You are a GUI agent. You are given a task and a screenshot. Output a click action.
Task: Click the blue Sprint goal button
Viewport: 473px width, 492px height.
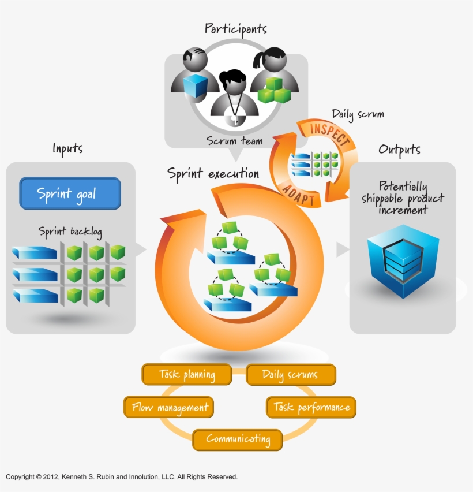(x=70, y=193)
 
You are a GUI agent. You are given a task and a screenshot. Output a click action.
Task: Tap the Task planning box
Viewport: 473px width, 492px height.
(x=186, y=374)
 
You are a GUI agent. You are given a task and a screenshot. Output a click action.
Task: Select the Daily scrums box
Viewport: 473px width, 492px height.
(x=290, y=374)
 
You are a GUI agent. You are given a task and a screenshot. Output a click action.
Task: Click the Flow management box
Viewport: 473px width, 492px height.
(x=169, y=407)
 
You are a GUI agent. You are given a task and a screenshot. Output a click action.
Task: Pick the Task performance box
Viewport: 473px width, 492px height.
(x=311, y=407)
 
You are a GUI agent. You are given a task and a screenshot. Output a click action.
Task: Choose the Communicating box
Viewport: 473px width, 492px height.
(x=237, y=439)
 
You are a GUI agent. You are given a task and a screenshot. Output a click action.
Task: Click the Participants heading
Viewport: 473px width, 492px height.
(x=236, y=28)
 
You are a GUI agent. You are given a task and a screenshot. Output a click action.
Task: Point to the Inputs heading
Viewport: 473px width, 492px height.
(x=67, y=149)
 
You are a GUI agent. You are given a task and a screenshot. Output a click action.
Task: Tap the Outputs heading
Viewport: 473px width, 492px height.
(x=399, y=150)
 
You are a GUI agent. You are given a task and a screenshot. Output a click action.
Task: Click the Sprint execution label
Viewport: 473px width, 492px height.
(x=213, y=173)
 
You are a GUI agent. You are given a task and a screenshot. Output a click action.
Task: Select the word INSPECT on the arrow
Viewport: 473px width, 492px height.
(x=330, y=133)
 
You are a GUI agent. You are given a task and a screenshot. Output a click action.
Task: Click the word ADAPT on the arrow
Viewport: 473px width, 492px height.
(x=298, y=193)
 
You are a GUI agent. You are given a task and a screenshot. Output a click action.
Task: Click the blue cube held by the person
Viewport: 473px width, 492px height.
(x=194, y=85)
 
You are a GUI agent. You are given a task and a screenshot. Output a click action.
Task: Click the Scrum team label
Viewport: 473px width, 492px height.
(x=235, y=140)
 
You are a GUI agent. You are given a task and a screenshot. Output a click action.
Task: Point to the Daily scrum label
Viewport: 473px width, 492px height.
(x=358, y=114)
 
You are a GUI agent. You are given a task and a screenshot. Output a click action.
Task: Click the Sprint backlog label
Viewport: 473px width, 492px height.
(x=70, y=232)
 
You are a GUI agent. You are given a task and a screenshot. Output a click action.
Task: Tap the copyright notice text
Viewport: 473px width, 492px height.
(x=122, y=477)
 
